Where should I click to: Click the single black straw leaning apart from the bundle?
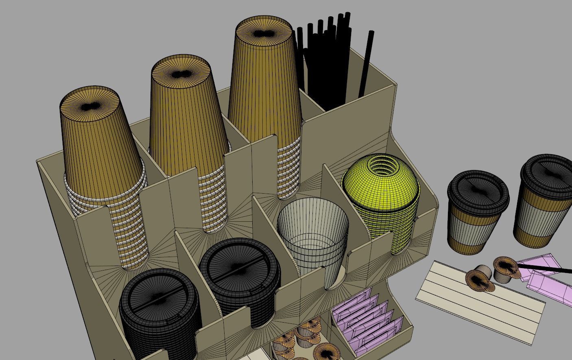(x=365, y=65)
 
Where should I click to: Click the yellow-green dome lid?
(x=380, y=183)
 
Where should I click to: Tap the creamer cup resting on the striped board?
(x=480, y=279)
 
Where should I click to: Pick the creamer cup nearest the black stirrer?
(x=504, y=268)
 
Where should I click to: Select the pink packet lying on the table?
(x=549, y=285)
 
